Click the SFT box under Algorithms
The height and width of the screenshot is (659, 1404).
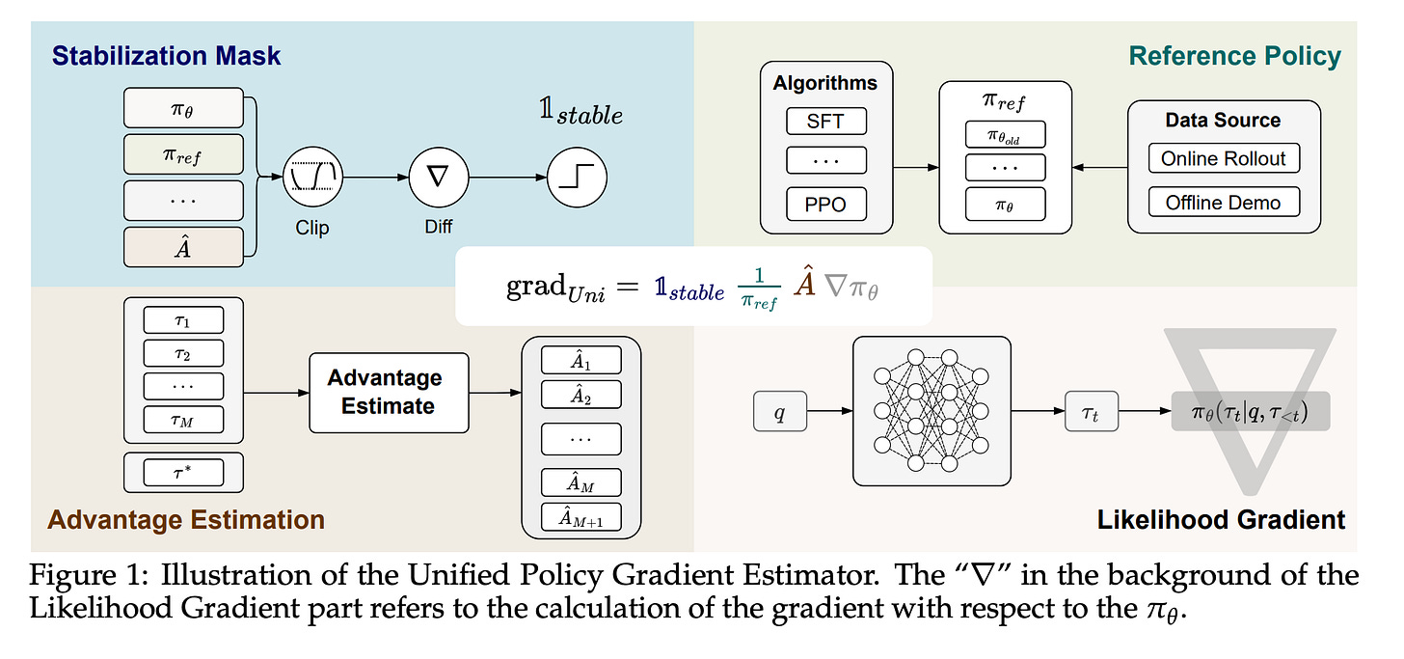point(826,122)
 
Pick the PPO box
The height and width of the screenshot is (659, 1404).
point(826,204)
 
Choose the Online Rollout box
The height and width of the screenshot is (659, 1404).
point(1223,159)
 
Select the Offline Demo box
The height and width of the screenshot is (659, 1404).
point(1223,203)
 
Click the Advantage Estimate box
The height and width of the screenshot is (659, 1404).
point(388,392)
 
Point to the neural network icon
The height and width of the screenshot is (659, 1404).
point(931,410)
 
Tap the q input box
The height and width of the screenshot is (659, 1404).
point(778,411)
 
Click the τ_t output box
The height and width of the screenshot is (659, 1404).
point(1090,411)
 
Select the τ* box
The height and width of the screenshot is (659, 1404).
point(183,473)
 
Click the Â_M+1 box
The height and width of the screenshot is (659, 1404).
point(580,517)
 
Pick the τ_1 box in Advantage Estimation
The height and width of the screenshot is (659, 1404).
point(183,320)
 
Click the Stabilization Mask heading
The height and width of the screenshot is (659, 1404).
point(167,55)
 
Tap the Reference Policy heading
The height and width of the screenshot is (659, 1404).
point(1234,56)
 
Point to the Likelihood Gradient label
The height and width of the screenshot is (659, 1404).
point(1221,520)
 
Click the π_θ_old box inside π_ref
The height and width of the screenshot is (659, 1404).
point(1006,134)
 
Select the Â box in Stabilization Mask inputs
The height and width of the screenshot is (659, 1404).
point(183,247)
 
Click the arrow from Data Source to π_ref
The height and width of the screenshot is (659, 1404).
point(1099,168)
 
